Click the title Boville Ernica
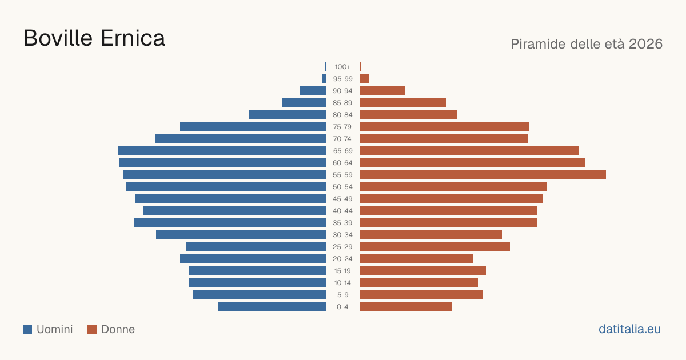click(x=94, y=38)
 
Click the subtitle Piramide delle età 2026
click(x=587, y=44)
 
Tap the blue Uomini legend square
click(x=27, y=329)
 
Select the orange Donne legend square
click(x=92, y=329)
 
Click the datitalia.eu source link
click(x=629, y=329)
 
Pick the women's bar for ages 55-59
click(x=483, y=174)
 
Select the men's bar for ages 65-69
click(x=222, y=151)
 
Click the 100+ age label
click(x=342, y=67)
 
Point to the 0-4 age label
click(x=342, y=307)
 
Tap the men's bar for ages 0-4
click(x=272, y=307)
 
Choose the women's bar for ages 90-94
click(x=383, y=91)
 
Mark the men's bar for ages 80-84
click(x=288, y=114)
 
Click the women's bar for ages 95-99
click(x=365, y=79)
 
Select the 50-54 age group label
click(x=342, y=187)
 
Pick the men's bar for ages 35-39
click(x=230, y=222)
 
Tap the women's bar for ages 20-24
click(x=417, y=259)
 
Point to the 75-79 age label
click(x=342, y=127)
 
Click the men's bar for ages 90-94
click(x=313, y=91)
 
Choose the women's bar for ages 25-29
click(x=435, y=247)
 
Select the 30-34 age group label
click(x=342, y=235)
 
